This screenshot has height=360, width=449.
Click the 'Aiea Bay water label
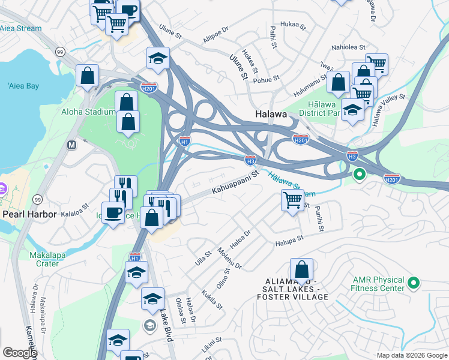[x=24, y=86]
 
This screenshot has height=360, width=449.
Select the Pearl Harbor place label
[x=29, y=214]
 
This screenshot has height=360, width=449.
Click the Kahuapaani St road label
[x=234, y=183]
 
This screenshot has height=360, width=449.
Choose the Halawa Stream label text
[x=291, y=185]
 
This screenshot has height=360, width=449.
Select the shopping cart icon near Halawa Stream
[x=292, y=200]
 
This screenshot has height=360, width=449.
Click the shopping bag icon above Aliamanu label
[x=301, y=269]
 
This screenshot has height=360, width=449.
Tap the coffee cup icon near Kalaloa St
[x=113, y=212]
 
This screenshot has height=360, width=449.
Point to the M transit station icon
[x=72, y=145]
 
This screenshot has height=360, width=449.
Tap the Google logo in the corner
[x=19, y=353]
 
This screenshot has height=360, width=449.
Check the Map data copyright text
[x=412, y=355]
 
